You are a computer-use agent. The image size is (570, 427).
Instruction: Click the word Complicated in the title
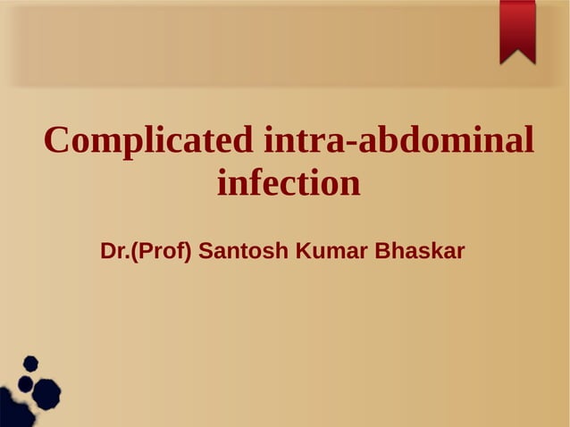(x=149, y=141)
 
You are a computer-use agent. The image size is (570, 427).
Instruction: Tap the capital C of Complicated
(x=58, y=140)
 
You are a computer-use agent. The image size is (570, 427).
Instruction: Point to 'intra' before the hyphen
(x=303, y=140)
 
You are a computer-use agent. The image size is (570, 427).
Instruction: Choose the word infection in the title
(x=289, y=184)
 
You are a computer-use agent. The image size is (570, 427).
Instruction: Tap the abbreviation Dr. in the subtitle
(x=115, y=251)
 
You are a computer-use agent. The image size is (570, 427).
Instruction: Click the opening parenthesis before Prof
(x=134, y=252)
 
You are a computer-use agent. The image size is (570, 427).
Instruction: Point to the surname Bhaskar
(x=419, y=251)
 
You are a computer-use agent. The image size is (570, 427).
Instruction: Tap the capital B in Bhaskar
(x=381, y=251)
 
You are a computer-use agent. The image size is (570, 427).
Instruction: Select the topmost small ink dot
(x=30, y=363)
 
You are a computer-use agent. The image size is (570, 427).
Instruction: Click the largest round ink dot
(x=46, y=392)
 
